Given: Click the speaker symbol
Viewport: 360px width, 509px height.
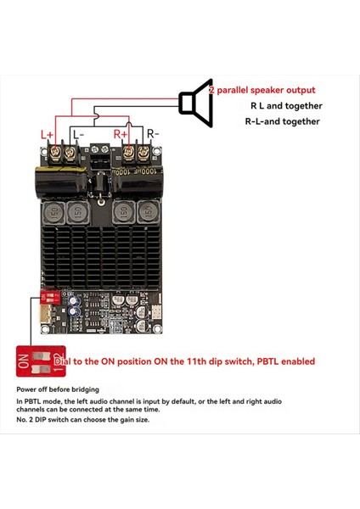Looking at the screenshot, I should [x=196, y=103].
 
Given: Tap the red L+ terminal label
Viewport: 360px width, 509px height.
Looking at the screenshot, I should [x=47, y=134].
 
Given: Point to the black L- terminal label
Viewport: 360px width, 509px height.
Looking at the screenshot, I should [x=77, y=134].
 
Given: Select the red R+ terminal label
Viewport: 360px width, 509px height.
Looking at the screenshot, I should [x=121, y=134].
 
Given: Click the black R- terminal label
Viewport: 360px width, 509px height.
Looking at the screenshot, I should [x=153, y=134].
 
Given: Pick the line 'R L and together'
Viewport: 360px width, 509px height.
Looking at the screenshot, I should [x=286, y=106].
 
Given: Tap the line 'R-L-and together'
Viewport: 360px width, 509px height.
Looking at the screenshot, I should [x=283, y=121].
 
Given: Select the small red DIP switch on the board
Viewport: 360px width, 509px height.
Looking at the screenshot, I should [x=51, y=296].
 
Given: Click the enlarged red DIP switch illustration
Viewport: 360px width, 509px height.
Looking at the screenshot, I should [x=33, y=360].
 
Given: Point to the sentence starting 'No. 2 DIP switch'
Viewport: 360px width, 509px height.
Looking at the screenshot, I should [x=82, y=420].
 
